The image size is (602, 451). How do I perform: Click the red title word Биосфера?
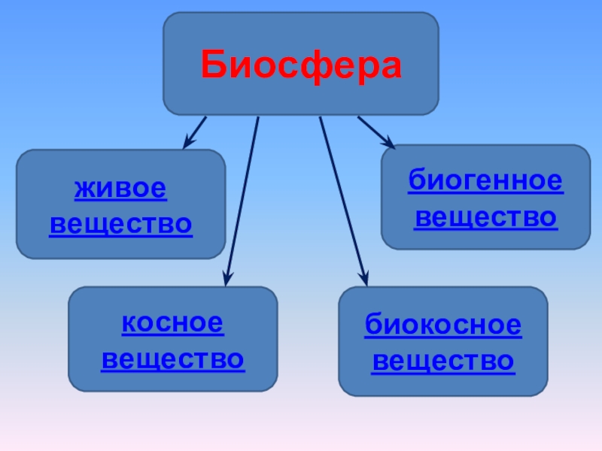point(301,66)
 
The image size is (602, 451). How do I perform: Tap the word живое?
point(120,189)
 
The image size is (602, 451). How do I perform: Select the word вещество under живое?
point(120,224)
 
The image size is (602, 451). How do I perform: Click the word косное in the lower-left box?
point(173,324)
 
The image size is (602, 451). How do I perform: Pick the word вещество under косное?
point(173,359)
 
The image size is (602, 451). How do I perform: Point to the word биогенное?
point(485,183)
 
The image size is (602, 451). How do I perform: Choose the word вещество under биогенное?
point(485,217)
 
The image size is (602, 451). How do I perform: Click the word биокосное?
point(443,326)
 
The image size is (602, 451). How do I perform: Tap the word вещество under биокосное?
point(443,362)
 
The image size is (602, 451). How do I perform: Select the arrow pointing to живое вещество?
point(195,131)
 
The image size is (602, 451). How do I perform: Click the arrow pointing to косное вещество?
point(242,199)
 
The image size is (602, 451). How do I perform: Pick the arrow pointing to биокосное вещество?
point(343,199)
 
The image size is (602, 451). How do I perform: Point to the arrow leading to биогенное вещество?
point(375,131)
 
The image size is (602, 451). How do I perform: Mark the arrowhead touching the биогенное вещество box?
point(389,142)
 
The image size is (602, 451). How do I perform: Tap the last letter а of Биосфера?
point(390,68)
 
